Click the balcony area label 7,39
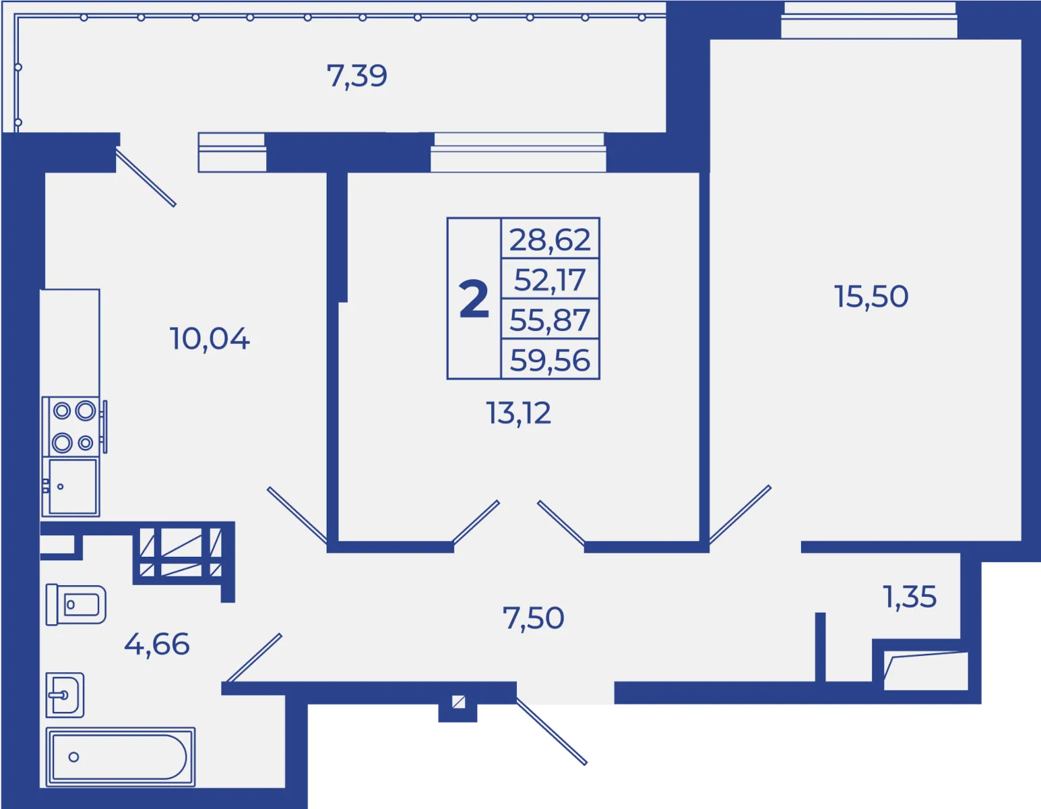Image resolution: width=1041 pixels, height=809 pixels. point(357,76)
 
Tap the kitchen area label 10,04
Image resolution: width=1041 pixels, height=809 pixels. point(210,339)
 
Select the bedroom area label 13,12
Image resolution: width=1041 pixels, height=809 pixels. point(519,413)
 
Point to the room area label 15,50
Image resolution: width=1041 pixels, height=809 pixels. point(871,296)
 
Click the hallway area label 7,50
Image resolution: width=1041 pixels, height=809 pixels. point(533,618)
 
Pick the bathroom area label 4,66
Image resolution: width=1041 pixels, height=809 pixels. point(157,644)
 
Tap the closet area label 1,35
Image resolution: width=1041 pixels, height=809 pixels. point(910,597)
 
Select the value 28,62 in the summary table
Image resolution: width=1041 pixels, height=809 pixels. point(550,239)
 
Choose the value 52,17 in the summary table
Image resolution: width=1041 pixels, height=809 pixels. point(550,280)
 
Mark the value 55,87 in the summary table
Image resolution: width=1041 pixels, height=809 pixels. point(550,320)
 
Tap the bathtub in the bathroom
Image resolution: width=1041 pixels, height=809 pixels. point(120,757)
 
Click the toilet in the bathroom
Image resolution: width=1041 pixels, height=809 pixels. point(75,604)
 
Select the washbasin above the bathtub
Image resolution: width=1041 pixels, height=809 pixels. point(65,695)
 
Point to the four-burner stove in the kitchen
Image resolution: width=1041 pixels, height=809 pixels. point(73,426)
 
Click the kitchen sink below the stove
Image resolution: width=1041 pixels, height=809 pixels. point(71,487)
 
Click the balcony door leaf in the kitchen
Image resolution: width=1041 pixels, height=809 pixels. point(146,177)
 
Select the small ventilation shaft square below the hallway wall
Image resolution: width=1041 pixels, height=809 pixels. point(458,702)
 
